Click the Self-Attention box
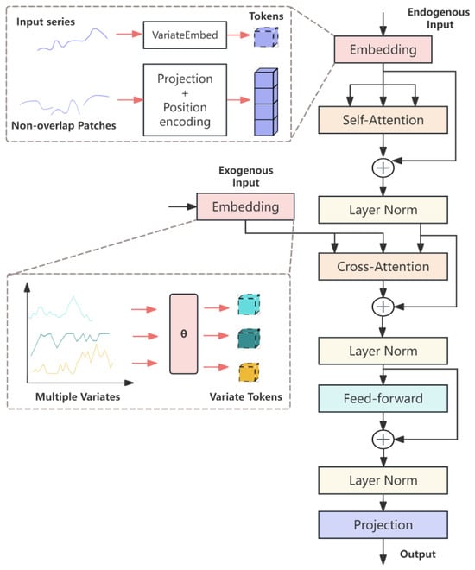[x=383, y=120]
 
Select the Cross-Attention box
[x=383, y=267]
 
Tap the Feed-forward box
[x=383, y=398]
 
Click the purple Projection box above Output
[x=383, y=524]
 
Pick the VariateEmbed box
[x=185, y=35]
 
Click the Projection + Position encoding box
[x=185, y=100]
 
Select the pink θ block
[x=184, y=333]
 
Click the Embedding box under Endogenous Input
[x=383, y=49]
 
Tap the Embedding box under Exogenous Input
[x=245, y=206]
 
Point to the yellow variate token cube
[x=249, y=372]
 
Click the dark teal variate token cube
[x=249, y=339]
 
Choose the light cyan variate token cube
[x=249, y=305]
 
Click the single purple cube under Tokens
[x=266, y=37]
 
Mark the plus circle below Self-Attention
[x=383, y=168]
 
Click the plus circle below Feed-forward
[x=383, y=440]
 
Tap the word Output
[x=418, y=554]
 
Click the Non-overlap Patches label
[x=64, y=125]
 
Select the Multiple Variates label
[x=78, y=396]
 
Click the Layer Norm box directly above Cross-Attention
[x=383, y=210]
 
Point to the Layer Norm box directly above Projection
[x=383, y=480]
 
